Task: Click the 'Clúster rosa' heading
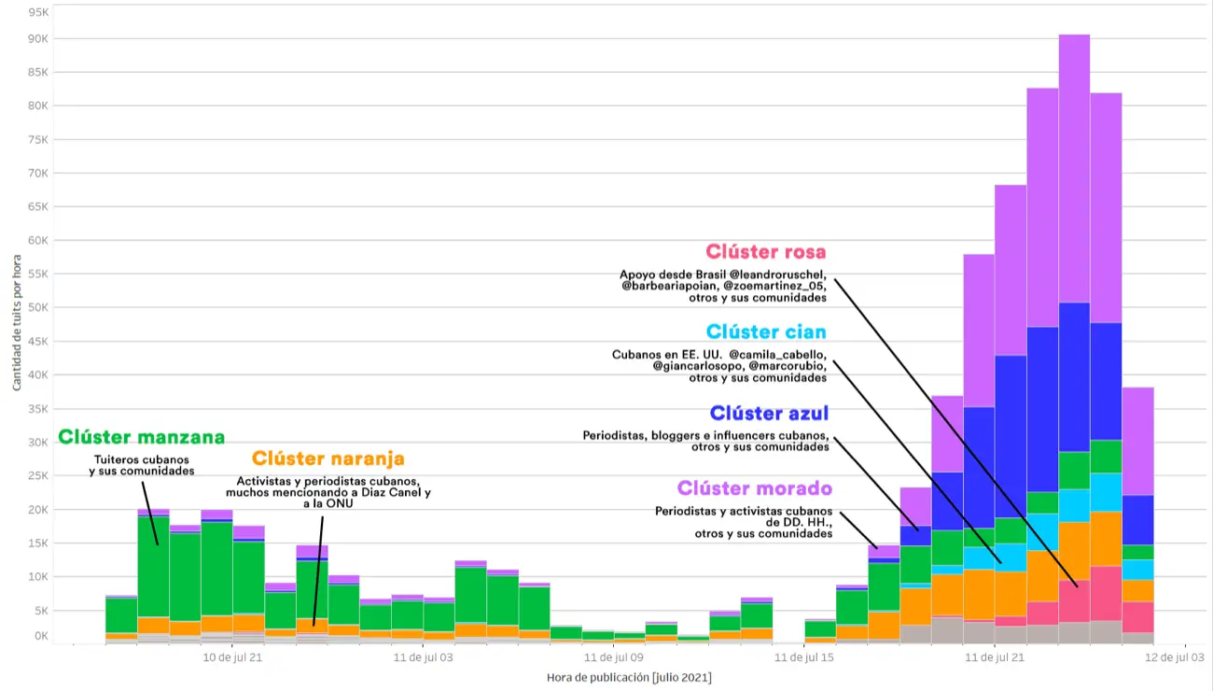click(x=766, y=252)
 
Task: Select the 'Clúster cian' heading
click(x=766, y=332)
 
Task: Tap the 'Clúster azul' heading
click(x=769, y=414)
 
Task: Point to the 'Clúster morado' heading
click(x=754, y=488)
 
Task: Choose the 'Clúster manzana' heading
click(x=141, y=437)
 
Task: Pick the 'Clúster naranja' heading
click(x=328, y=458)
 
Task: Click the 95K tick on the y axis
click(x=38, y=12)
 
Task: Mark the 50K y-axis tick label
click(x=38, y=307)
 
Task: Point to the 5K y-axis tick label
click(x=41, y=610)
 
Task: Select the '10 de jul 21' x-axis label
click(x=233, y=657)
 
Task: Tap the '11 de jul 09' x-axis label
click(x=613, y=657)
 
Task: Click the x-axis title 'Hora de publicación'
click(x=629, y=677)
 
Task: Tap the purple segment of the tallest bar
click(x=1074, y=168)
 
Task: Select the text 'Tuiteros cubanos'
click(x=142, y=459)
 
